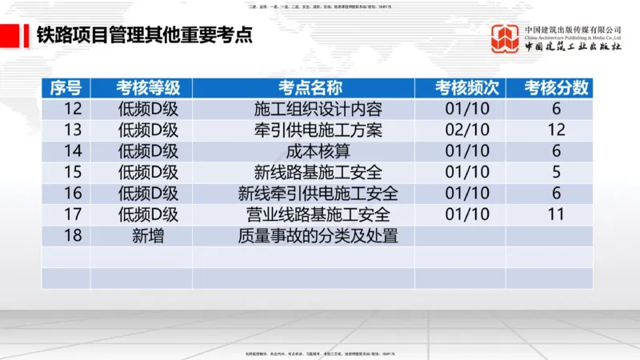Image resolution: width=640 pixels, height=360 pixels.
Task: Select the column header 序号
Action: (66, 88)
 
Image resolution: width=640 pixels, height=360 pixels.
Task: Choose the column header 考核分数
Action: (557, 88)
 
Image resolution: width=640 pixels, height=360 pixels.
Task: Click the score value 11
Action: (557, 214)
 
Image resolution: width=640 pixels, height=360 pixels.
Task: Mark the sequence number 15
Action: (73, 172)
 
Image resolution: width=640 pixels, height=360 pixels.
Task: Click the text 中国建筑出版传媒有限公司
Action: (573, 29)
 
